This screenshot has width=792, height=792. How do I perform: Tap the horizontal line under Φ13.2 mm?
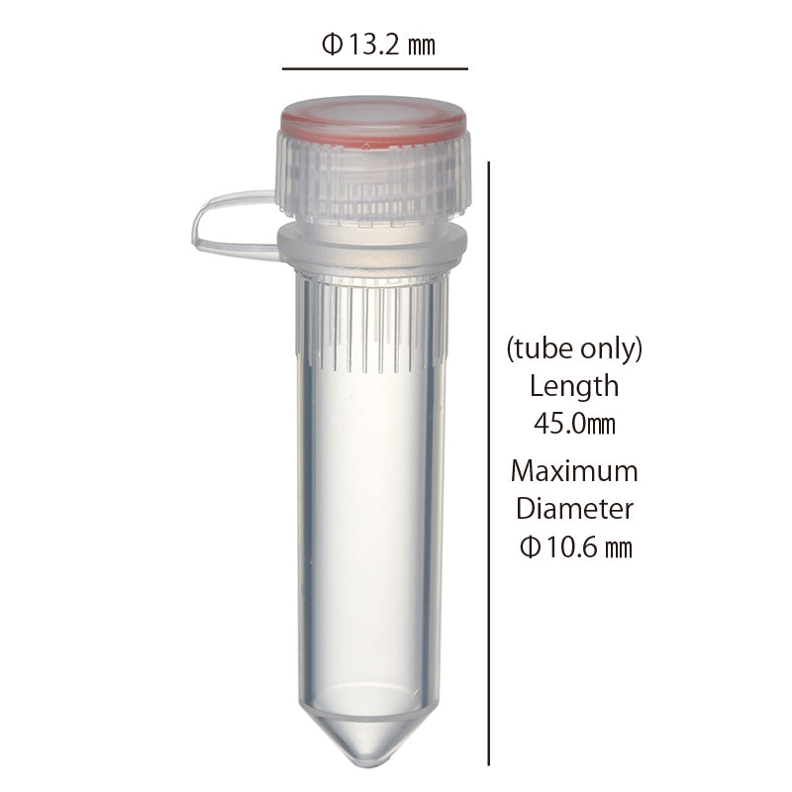pyautogui.click(x=374, y=69)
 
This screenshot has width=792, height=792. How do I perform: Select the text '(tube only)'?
pyautogui.click(x=574, y=348)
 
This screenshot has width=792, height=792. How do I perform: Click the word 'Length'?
pyautogui.click(x=574, y=385)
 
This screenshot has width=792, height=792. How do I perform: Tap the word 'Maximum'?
pyautogui.click(x=574, y=470)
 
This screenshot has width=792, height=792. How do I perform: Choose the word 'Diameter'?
pyautogui.click(x=574, y=509)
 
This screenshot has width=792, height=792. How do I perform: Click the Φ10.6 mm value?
pyautogui.click(x=574, y=547)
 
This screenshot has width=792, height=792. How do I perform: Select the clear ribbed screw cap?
pyautogui.click(x=372, y=178)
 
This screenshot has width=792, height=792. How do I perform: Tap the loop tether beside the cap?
pyautogui.click(x=223, y=223)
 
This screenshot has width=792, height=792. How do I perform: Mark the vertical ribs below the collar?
pyautogui.click(x=372, y=322)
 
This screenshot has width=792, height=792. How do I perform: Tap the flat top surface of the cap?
pyautogui.click(x=372, y=111)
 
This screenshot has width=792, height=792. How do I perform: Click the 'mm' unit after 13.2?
pyautogui.click(x=423, y=46)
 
